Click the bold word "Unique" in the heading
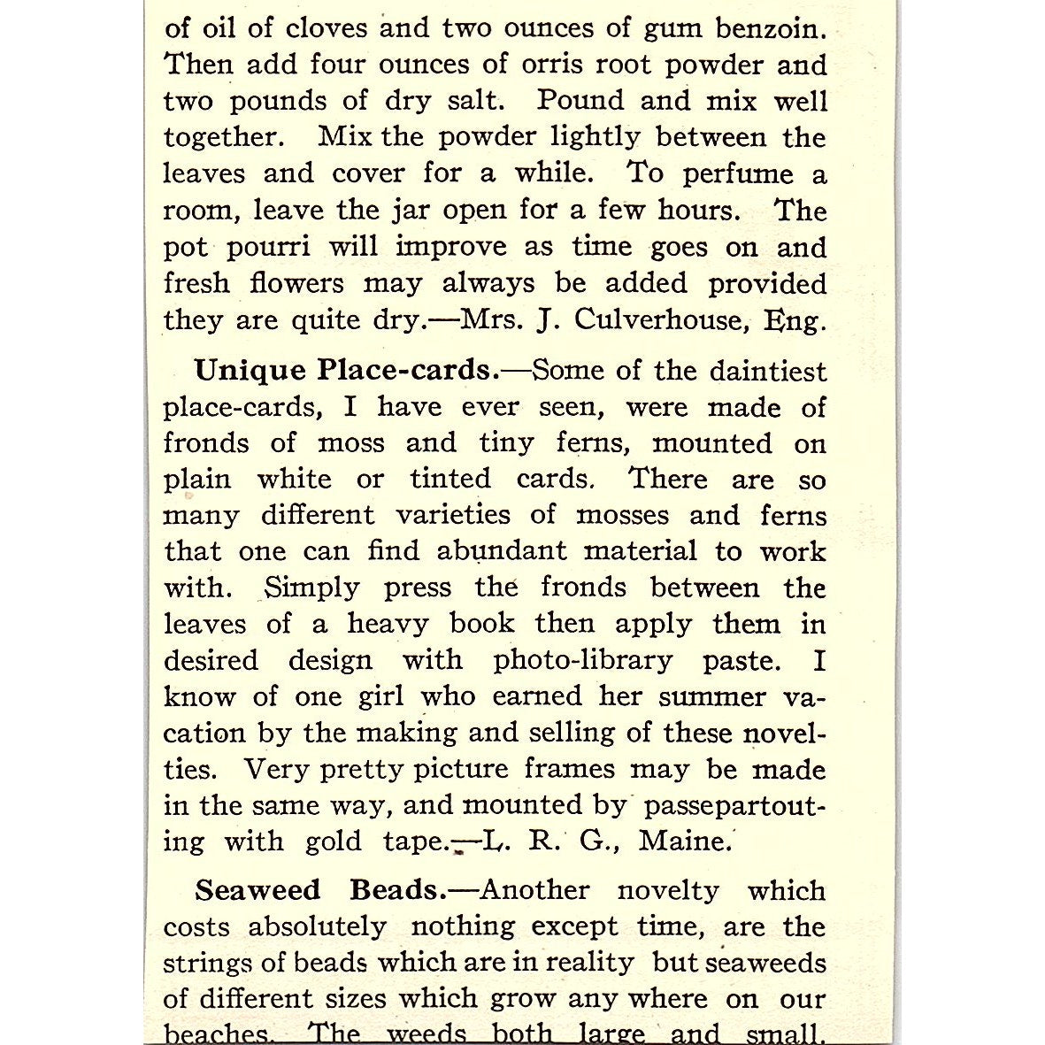[x=250, y=370]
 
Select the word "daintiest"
[x=755, y=370]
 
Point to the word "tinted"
[x=450, y=480]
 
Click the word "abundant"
[x=502, y=551]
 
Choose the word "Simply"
[x=312, y=588]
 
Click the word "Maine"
[x=685, y=841]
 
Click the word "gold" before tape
[x=333, y=841]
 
